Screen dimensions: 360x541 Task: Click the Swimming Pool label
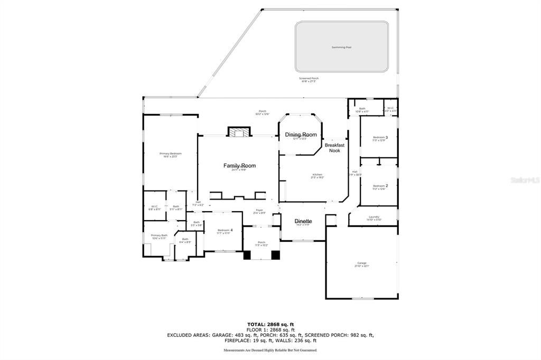[x=341, y=47]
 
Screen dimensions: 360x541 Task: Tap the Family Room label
[x=239, y=166]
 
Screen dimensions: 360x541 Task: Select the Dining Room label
[x=301, y=135]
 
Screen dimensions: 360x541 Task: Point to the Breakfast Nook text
[x=334, y=148]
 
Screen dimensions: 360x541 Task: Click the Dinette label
[x=303, y=221]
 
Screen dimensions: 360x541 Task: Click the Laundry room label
[x=374, y=216]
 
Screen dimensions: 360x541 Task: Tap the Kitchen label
[x=317, y=175]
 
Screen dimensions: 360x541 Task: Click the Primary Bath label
[x=159, y=235]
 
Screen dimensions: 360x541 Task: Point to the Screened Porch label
[x=310, y=79]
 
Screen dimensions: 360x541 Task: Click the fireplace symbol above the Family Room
[x=238, y=132]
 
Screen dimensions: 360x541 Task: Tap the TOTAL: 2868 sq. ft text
[x=270, y=324]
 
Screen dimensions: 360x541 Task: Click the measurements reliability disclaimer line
[x=270, y=350]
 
